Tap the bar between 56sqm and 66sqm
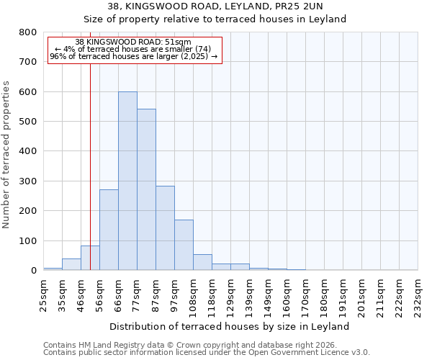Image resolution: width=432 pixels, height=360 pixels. [109, 230]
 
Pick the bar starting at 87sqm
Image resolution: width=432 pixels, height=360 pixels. [165, 238]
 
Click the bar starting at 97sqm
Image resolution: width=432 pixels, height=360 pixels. [184, 245]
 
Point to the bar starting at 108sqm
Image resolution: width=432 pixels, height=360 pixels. [202, 262]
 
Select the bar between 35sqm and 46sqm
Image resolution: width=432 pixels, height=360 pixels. [71, 264]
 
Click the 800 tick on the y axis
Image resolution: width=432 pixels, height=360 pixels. [28, 32]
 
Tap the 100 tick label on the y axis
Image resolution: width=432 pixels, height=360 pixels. [28, 240]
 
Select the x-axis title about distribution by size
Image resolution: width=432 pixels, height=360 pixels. [230, 326]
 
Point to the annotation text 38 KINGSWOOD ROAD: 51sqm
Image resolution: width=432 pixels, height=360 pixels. [133, 42]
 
